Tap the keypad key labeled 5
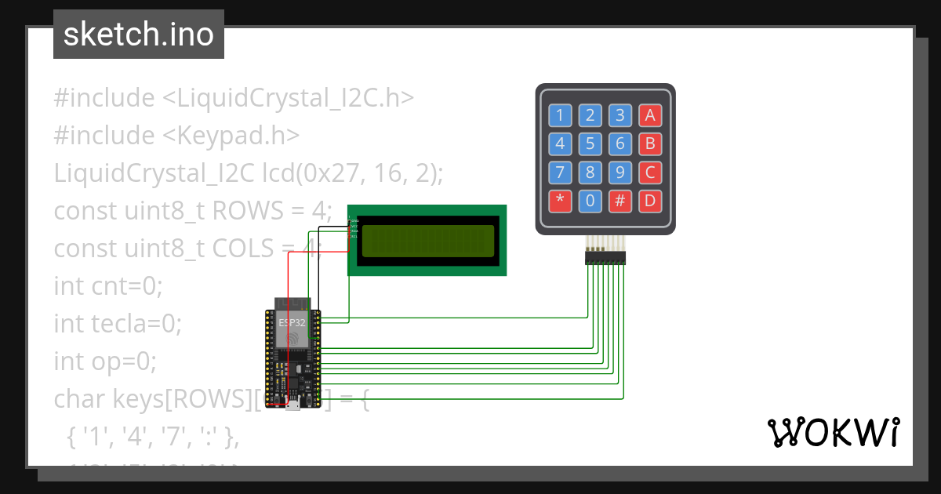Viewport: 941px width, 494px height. tap(590, 144)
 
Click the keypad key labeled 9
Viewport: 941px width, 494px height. tap(619, 173)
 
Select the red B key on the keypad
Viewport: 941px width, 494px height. tap(649, 144)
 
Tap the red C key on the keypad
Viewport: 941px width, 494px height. tap(649, 173)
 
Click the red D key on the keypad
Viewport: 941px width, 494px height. tap(649, 201)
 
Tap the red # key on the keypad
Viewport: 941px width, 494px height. tap(619, 201)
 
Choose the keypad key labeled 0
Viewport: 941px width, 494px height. tap(590, 201)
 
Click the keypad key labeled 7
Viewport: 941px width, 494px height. tap(560, 173)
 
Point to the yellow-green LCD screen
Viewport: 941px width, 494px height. tap(427, 240)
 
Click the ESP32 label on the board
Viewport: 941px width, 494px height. tap(292, 322)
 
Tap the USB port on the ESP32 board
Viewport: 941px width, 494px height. tap(292, 405)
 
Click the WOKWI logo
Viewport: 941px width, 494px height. tap(834, 432)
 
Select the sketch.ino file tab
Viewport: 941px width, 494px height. tap(139, 35)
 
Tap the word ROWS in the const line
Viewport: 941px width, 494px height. tap(242, 211)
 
